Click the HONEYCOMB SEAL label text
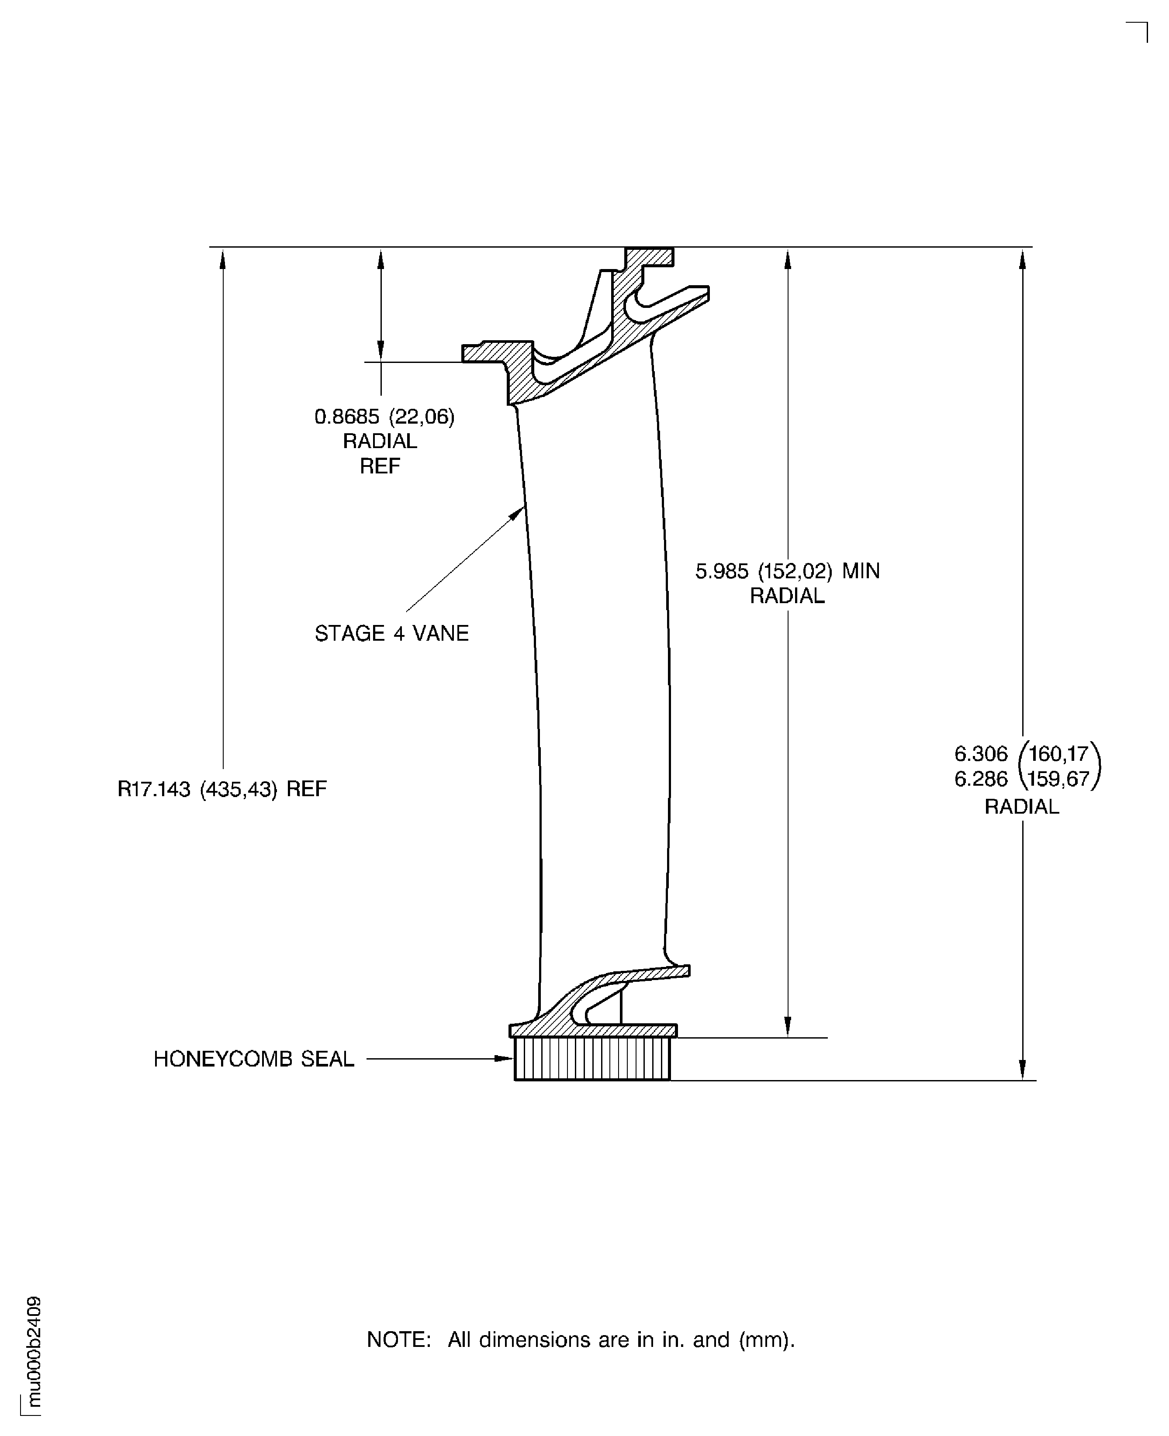(x=253, y=1059)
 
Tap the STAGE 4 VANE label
(x=391, y=634)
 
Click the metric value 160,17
(x=1059, y=753)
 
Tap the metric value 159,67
(x=1059, y=779)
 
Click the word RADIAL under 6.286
(x=1021, y=807)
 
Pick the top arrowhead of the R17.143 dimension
(x=223, y=259)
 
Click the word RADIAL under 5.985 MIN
(x=787, y=596)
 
